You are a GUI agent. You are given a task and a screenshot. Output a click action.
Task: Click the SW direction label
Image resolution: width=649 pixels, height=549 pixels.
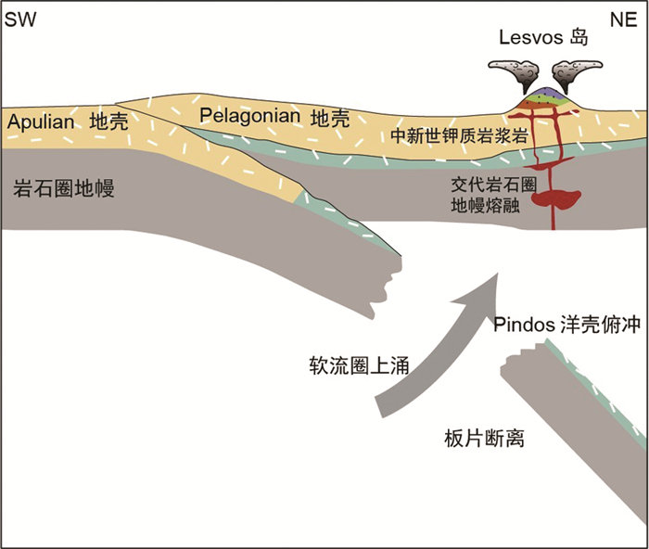21,19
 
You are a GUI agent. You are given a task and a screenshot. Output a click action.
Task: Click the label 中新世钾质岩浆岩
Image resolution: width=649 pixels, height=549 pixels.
459,135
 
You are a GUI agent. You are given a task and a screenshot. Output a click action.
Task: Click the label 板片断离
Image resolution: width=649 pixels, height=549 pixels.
485,438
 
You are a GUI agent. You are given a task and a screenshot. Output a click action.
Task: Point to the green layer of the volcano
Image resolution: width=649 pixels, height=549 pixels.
546,98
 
